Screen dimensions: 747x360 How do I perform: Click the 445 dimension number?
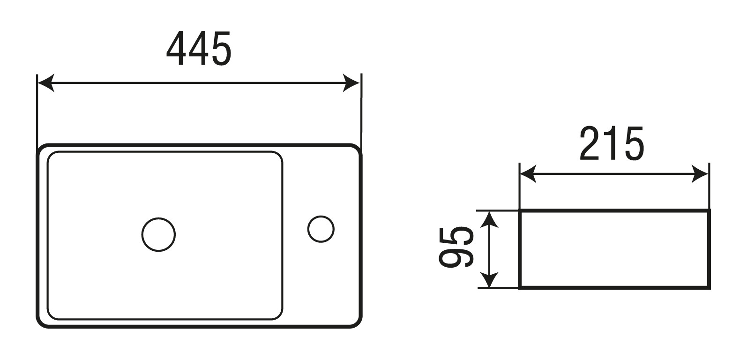[x=199, y=49]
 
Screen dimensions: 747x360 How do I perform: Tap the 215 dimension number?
[x=612, y=144]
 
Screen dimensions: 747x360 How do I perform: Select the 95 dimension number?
[x=456, y=247]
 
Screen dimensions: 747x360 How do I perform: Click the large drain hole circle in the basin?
[x=158, y=234]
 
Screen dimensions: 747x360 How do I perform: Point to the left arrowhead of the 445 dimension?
[x=45, y=83]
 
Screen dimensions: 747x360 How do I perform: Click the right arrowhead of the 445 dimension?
[x=351, y=83]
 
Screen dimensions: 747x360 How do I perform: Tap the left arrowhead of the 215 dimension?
[x=528, y=174]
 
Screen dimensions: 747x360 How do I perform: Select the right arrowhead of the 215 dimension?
[x=700, y=174]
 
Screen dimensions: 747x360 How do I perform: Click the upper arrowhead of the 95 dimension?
[x=489, y=219]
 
